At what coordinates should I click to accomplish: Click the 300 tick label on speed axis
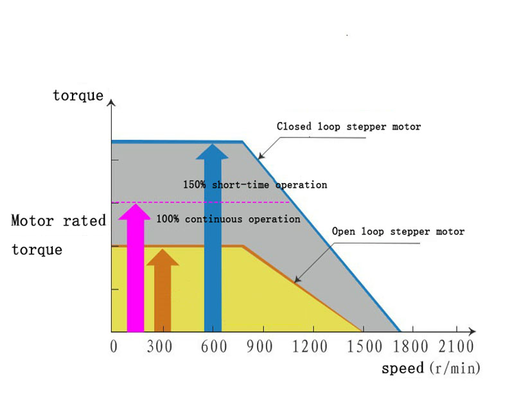159,347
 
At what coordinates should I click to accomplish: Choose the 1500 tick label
362,347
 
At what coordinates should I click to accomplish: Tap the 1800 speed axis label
411,347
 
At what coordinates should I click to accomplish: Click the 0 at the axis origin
114,347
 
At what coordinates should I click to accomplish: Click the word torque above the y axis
78,96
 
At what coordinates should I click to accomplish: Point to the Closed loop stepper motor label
349,127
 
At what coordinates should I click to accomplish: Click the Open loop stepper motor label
398,231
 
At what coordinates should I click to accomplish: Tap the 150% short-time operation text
255,185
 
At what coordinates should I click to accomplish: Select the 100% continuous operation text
228,220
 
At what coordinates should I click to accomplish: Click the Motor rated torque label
58,235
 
